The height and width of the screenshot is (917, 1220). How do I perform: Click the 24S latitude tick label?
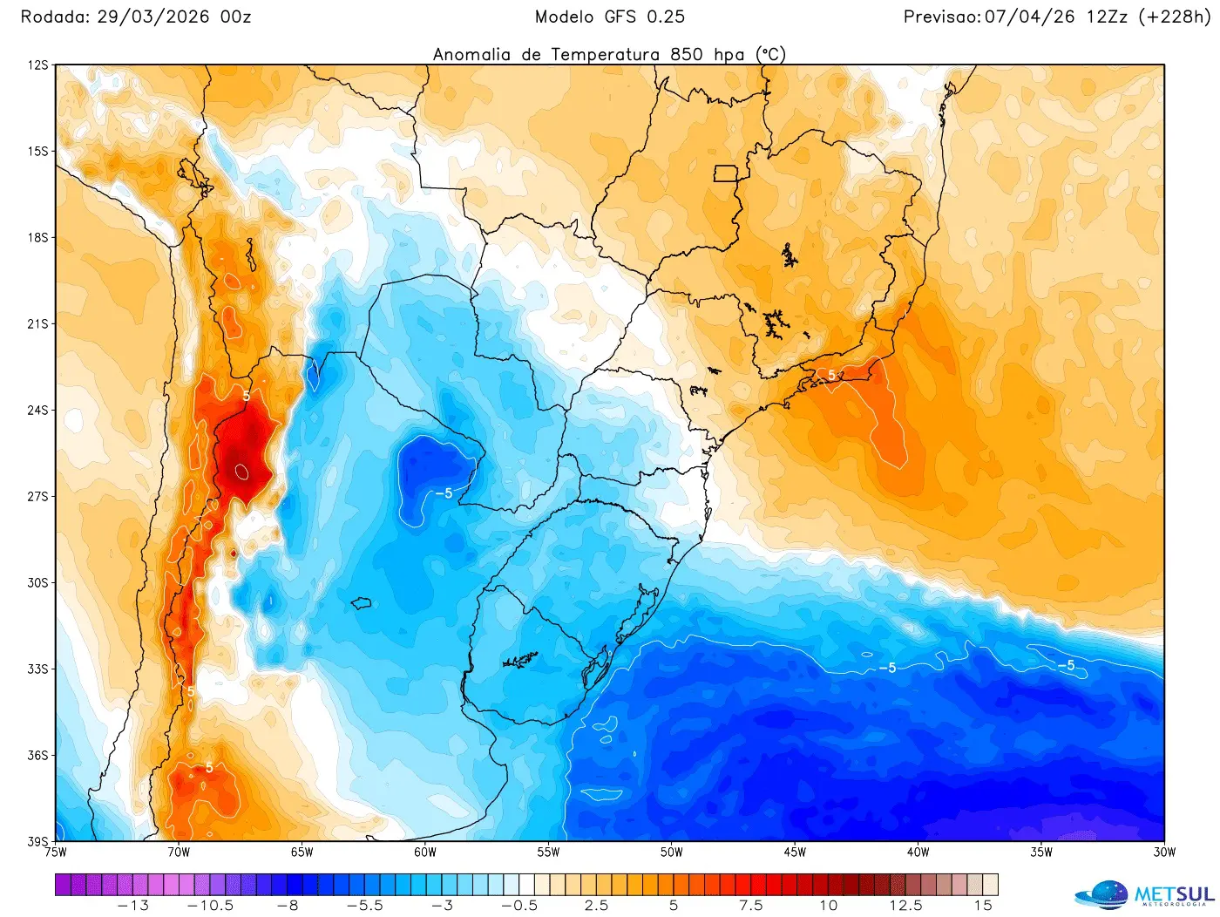coord(37,410)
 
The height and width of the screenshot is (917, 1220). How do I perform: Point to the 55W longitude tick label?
coord(548,852)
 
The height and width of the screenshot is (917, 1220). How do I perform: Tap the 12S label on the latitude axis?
coord(37,65)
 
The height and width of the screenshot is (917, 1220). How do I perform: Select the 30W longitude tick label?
coord(1164,852)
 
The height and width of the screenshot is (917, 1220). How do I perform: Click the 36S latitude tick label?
coord(37,755)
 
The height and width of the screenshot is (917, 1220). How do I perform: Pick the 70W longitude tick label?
coord(179,852)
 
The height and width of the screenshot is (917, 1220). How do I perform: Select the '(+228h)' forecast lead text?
coord(1174,17)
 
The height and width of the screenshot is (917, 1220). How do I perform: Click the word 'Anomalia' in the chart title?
coord(471,54)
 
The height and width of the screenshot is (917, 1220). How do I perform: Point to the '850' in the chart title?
coord(687,54)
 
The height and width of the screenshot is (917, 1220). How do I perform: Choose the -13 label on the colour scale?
coord(133,906)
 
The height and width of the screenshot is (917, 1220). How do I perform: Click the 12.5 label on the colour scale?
coord(905,906)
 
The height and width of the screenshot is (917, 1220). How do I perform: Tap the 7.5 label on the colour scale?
coord(751,906)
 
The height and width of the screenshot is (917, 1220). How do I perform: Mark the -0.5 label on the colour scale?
coord(519,906)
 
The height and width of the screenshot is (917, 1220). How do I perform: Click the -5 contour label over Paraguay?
coord(444,493)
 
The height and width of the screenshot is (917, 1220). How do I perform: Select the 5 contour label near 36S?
coord(209,768)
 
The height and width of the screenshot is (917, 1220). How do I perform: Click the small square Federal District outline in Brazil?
coord(725,173)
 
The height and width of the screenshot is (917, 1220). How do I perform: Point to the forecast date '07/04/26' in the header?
coord(1029,17)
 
